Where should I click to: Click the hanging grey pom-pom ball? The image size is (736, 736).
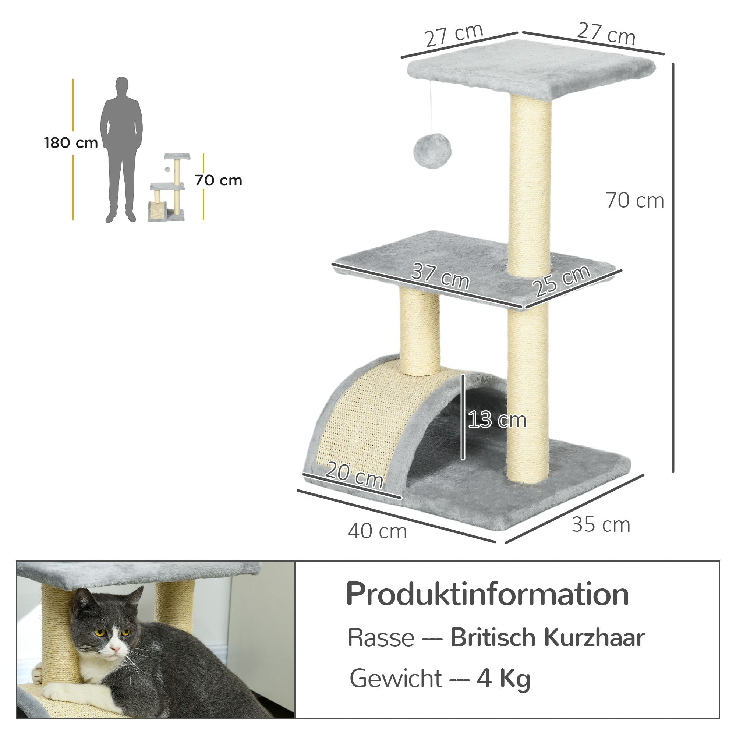(x=432, y=151)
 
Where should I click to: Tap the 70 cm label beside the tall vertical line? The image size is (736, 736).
(x=635, y=201)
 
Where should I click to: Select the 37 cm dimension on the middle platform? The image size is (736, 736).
(x=440, y=277)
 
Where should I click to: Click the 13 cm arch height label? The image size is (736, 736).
(x=497, y=420)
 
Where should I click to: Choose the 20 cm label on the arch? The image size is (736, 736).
(x=354, y=475)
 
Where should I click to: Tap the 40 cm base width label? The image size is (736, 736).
(x=378, y=531)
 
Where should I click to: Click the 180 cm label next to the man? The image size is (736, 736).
(x=71, y=143)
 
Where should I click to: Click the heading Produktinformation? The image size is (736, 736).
(x=487, y=594)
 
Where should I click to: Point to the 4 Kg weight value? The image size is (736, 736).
(x=503, y=678)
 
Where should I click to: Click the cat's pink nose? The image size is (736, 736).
(x=115, y=648)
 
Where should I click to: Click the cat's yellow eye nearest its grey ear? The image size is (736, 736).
(x=100, y=633)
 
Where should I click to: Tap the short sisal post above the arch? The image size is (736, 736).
(x=420, y=331)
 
